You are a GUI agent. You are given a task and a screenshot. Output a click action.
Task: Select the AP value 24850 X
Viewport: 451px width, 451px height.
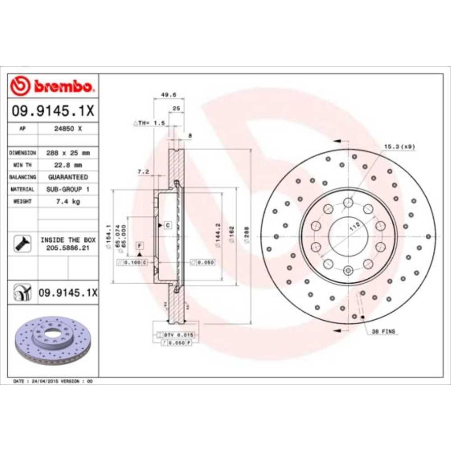tap(67, 129)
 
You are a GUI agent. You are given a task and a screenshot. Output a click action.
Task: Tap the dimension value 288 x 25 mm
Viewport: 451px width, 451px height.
tap(68, 153)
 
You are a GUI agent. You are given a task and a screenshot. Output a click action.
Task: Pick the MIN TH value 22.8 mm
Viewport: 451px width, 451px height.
tap(67, 165)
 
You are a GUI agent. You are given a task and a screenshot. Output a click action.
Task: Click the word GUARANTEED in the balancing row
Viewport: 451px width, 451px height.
tap(68, 177)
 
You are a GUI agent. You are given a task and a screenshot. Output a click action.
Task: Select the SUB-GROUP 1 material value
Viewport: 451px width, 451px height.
tap(68, 189)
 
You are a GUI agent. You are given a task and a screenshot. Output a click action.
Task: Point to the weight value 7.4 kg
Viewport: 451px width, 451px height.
tap(67, 202)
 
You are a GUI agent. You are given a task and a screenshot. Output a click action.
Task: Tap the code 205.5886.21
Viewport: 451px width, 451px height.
tap(68, 248)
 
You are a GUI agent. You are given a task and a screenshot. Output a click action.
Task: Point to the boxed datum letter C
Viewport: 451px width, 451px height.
tap(167, 224)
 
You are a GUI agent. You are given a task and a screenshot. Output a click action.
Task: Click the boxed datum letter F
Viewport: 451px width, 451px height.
tap(140, 246)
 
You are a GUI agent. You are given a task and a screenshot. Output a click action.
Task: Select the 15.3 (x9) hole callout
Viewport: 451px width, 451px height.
tap(399, 147)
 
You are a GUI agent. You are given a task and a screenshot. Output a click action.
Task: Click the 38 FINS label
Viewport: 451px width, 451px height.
tap(383, 331)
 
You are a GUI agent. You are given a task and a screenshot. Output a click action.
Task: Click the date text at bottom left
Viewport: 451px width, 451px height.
tap(53, 381)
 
